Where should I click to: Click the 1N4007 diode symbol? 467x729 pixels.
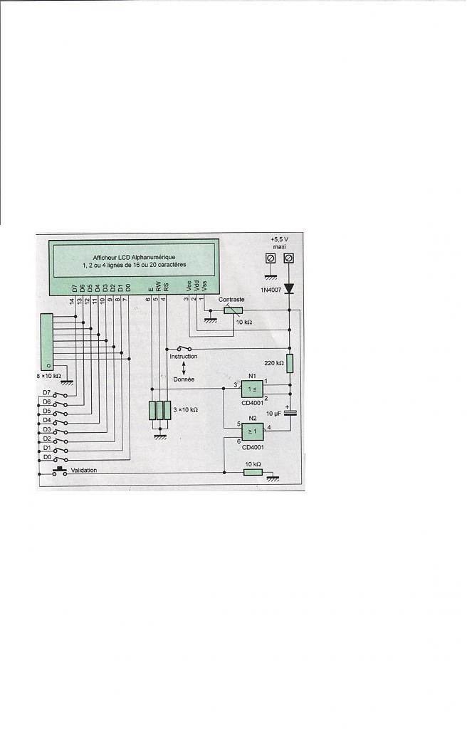[289, 289]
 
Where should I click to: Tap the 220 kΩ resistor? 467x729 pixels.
[289, 362]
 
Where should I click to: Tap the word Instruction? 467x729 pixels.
[184, 357]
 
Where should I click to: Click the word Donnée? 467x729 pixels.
[184, 380]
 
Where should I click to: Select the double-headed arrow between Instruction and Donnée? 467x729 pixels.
[184, 368]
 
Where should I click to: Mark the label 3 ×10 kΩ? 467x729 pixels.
[184, 411]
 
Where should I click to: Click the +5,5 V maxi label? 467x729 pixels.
[278, 243]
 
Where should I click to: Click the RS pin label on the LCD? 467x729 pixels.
[166, 287]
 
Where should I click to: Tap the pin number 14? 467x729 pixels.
[71, 301]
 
